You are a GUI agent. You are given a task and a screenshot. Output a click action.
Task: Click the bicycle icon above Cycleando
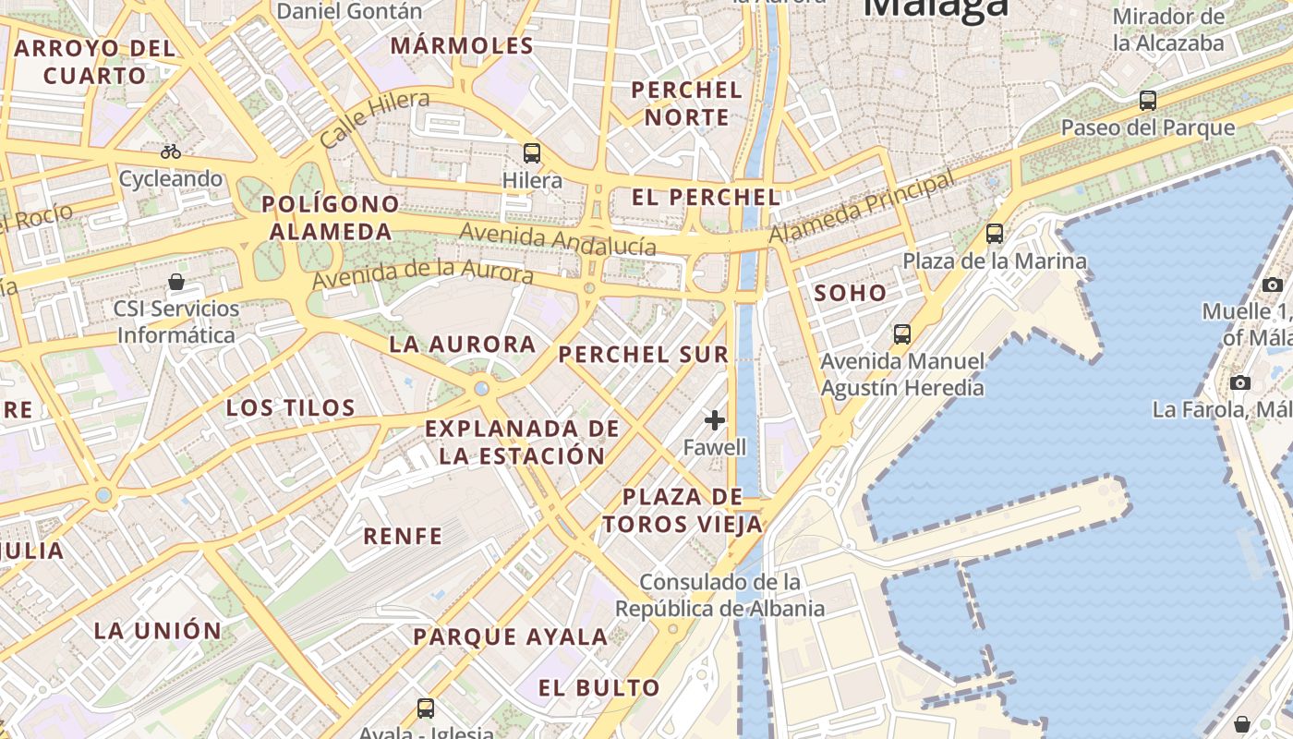click(171, 151)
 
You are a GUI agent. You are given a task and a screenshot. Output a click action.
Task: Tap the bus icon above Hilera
click(532, 153)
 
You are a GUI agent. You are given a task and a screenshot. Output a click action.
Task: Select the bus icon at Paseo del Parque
click(1148, 101)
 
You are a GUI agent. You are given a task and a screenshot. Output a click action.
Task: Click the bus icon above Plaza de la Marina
click(995, 234)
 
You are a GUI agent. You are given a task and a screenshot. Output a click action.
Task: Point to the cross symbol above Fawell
click(715, 421)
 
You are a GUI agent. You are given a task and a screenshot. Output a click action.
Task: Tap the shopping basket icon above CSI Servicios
click(176, 282)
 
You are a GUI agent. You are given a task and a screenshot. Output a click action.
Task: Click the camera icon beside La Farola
click(1240, 382)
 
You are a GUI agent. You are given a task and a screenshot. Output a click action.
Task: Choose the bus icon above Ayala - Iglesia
click(426, 709)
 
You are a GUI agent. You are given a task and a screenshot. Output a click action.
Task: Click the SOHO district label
click(851, 294)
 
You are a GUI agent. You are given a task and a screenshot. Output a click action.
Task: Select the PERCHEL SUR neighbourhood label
click(644, 355)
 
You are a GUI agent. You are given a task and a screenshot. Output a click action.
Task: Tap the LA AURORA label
click(463, 345)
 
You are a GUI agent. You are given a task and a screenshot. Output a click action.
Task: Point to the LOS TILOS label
click(291, 407)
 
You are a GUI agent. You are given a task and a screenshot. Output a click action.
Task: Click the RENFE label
click(403, 536)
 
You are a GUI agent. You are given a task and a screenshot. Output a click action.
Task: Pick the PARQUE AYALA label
click(511, 636)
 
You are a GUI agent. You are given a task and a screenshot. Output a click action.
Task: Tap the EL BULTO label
click(599, 687)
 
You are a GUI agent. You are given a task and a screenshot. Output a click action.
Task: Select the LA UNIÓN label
click(158, 631)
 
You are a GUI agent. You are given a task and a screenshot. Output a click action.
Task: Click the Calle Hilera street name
click(374, 119)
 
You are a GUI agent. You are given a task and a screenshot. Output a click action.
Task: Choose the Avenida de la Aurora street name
click(422, 274)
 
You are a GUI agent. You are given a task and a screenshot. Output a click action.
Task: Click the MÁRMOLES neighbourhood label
click(462, 45)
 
